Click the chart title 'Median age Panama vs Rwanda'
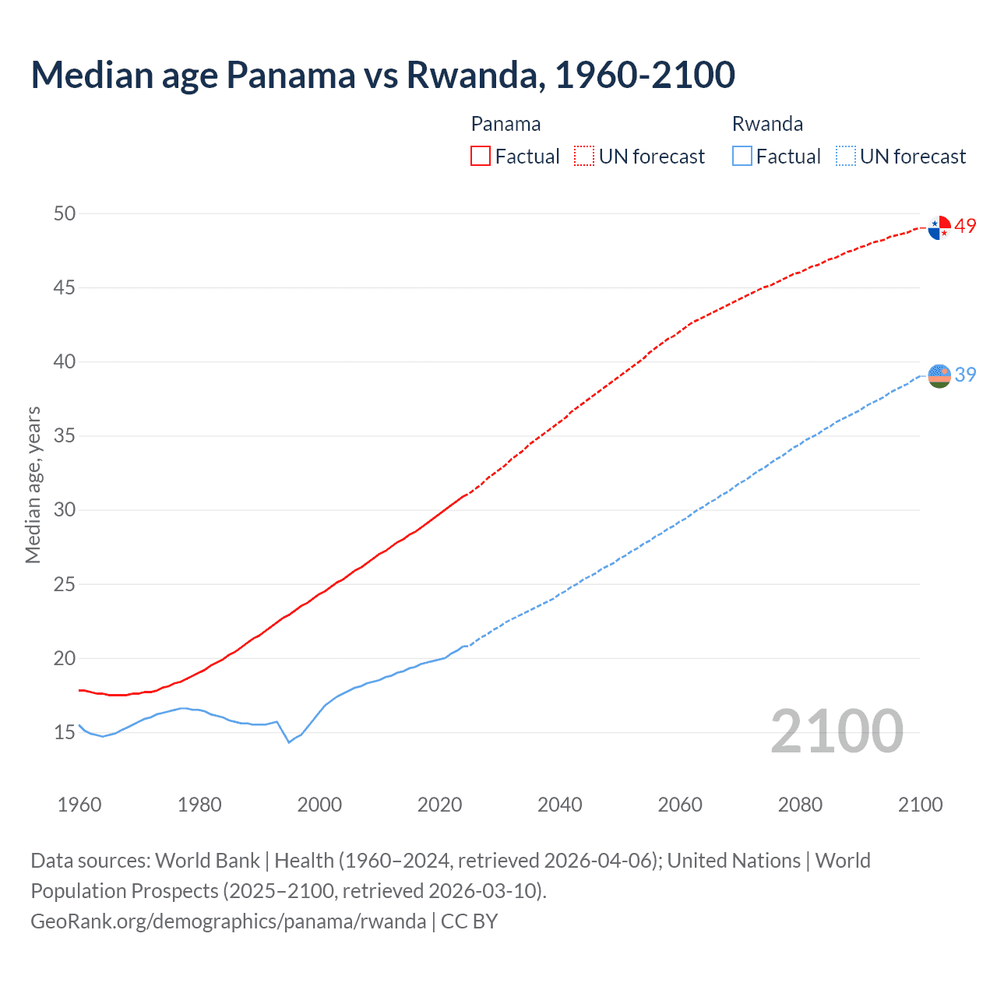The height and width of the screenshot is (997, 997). pyautogui.click(x=382, y=76)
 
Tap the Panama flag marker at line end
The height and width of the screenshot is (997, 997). pyautogui.click(x=939, y=227)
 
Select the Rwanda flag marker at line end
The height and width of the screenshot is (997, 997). pyautogui.click(x=939, y=375)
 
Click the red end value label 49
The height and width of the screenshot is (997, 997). pyautogui.click(x=965, y=227)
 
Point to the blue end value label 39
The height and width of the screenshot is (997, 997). pyautogui.click(x=965, y=375)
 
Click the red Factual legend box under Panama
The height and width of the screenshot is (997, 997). pyautogui.click(x=481, y=157)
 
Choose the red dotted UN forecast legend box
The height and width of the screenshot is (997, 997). pyautogui.click(x=584, y=157)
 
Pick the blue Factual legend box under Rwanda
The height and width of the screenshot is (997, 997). pyautogui.click(x=742, y=157)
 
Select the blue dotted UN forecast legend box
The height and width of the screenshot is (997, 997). pyautogui.click(x=845, y=157)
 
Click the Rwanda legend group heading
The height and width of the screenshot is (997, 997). pyautogui.click(x=767, y=124)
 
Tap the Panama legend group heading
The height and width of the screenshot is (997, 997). pyautogui.click(x=506, y=124)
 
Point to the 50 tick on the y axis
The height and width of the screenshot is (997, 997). pyautogui.click(x=65, y=213)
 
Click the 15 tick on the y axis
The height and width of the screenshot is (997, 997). pyautogui.click(x=65, y=733)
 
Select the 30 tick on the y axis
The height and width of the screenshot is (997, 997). pyautogui.click(x=65, y=510)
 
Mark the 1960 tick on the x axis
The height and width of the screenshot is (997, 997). pyautogui.click(x=79, y=805)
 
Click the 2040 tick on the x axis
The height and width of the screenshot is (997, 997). pyautogui.click(x=560, y=805)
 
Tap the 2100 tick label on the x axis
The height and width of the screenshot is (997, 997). pyautogui.click(x=920, y=805)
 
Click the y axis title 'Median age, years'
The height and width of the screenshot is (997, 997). pyautogui.click(x=33, y=484)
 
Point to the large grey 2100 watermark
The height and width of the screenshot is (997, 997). pyautogui.click(x=837, y=732)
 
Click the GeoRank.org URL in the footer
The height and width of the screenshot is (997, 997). pyautogui.click(x=228, y=921)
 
